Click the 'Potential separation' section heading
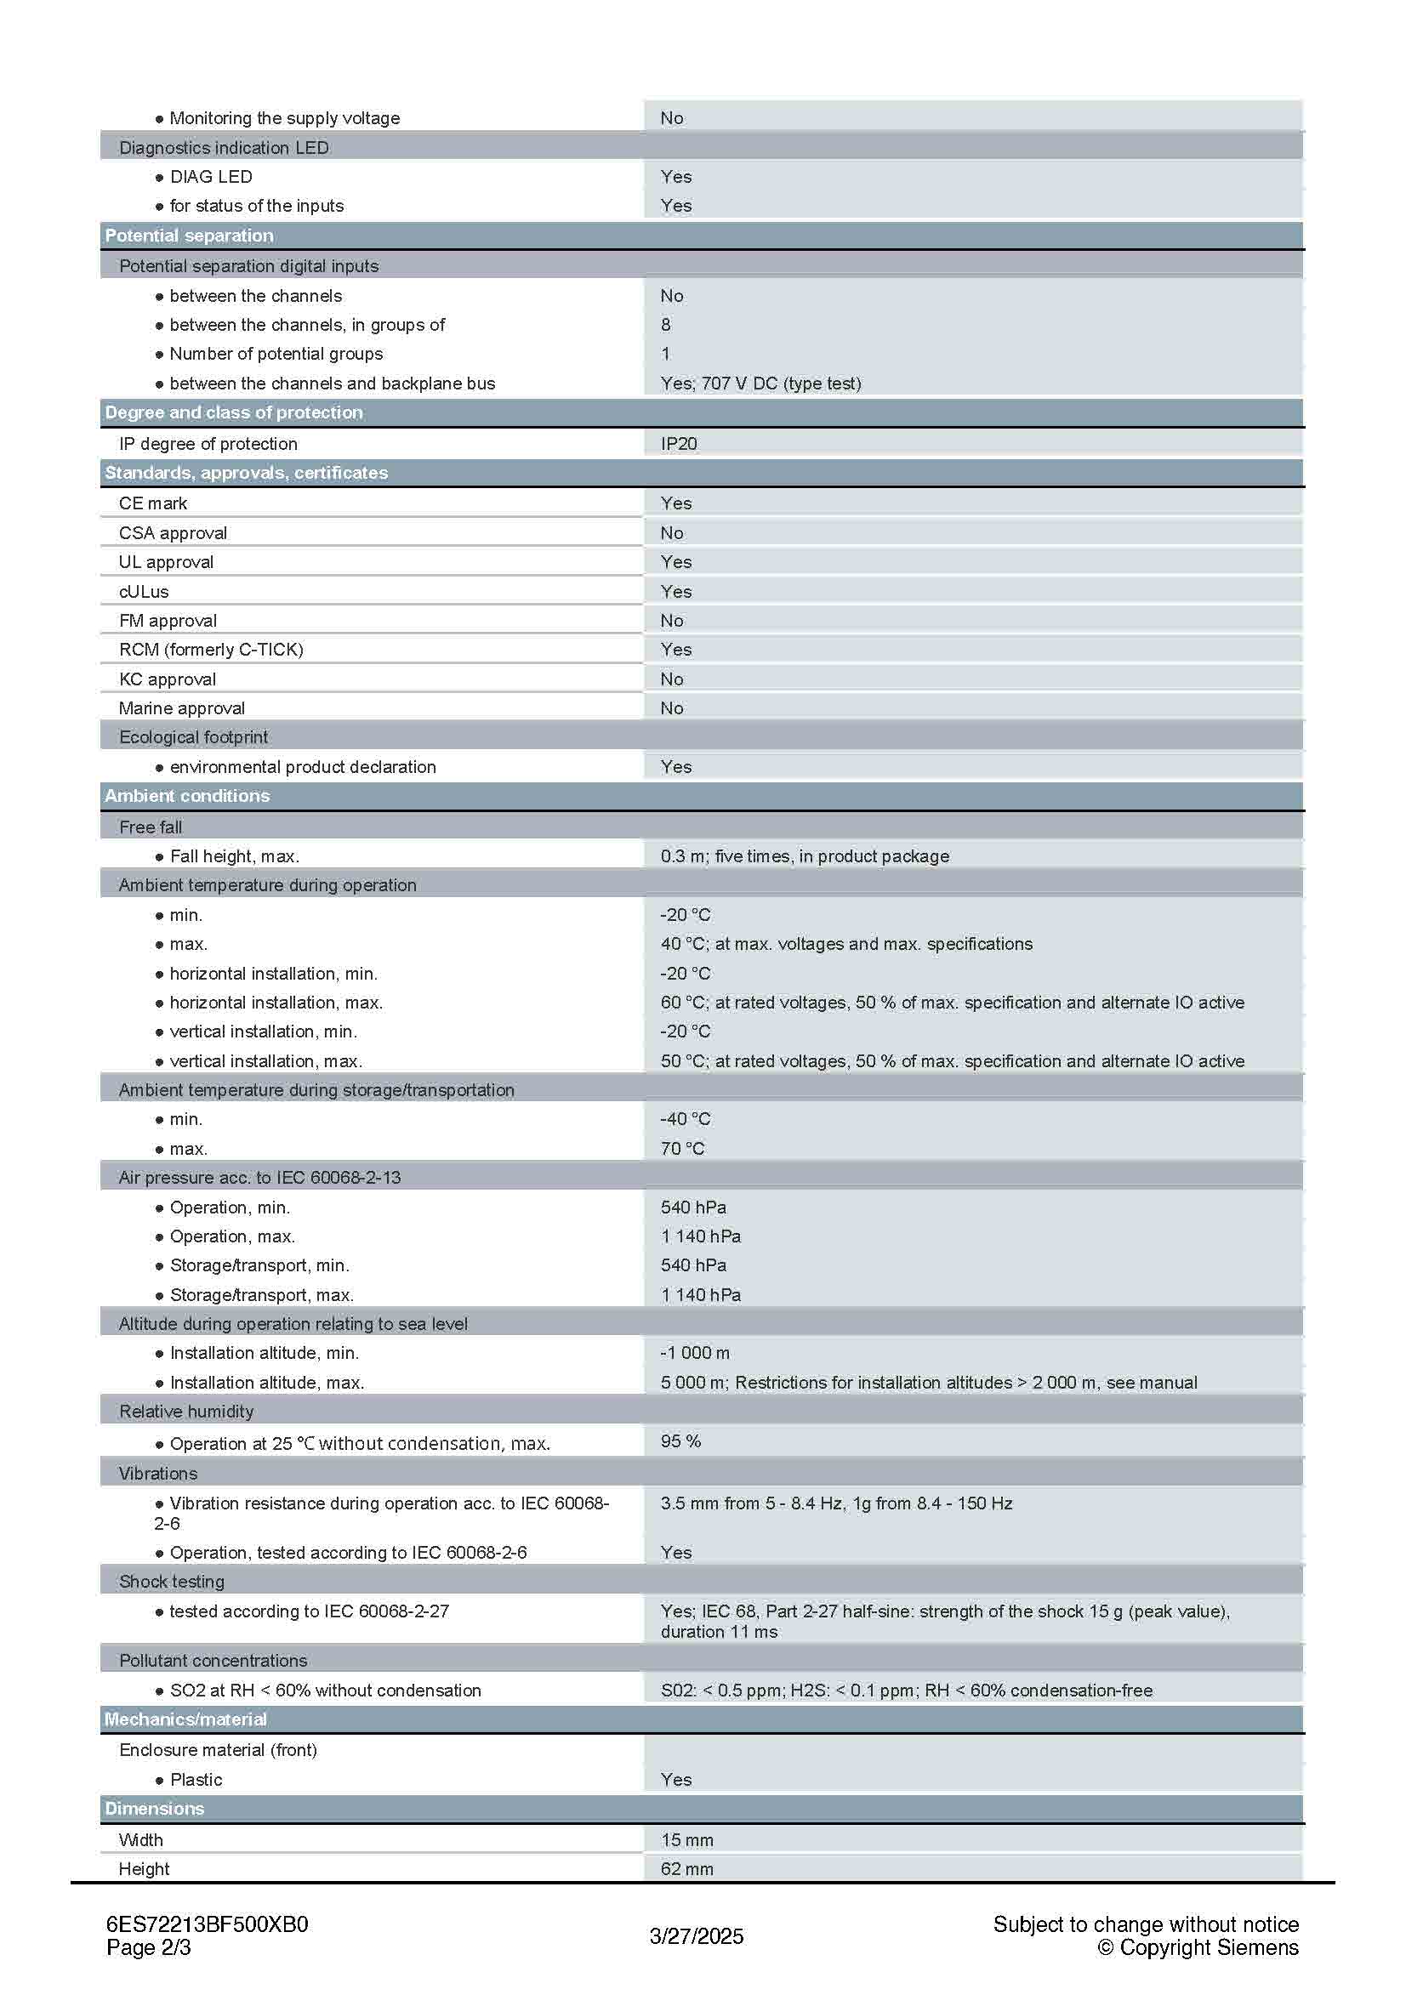click(x=189, y=236)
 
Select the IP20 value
click(x=678, y=444)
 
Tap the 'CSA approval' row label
click(x=173, y=533)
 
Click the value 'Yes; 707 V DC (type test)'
click(x=760, y=383)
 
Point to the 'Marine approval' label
click(x=181, y=708)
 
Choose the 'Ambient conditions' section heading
click(x=187, y=795)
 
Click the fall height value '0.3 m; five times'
click(x=804, y=856)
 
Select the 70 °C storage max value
click(x=683, y=1148)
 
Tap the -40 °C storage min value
click(x=686, y=1118)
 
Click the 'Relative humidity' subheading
click(x=186, y=1412)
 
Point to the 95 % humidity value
click(x=681, y=1441)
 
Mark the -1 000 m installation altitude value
click(x=695, y=1352)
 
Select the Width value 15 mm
click(x=687, y=1839)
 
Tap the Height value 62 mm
click(x=687, y=1868)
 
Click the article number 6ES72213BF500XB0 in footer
click(x=207, y=1924)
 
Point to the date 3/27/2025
click(x=697, y=1936)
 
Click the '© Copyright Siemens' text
click(x=1198, y=1947)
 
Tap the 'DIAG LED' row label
click(x=210, y=177)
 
